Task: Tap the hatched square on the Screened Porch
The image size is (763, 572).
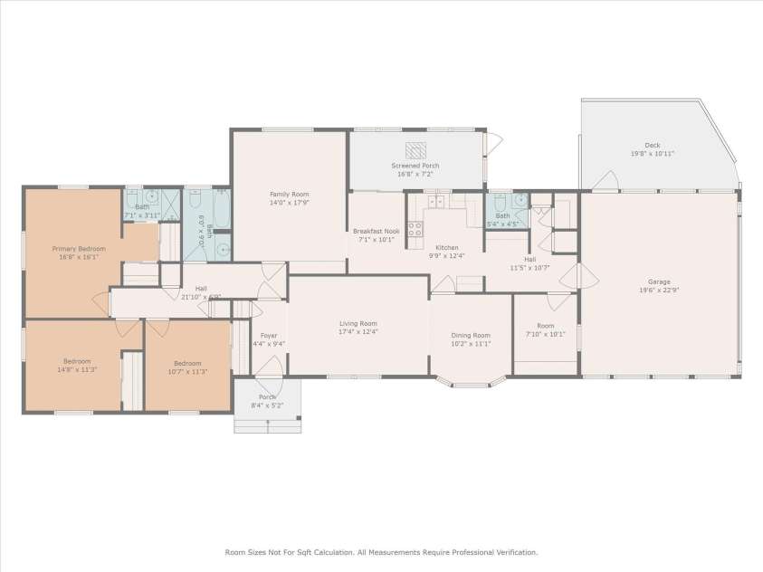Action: coord(415,150)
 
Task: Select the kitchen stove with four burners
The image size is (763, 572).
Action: coord(415,230)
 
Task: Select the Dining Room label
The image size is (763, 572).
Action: coord(471,335)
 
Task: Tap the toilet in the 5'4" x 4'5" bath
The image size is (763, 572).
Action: coord(497,201)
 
